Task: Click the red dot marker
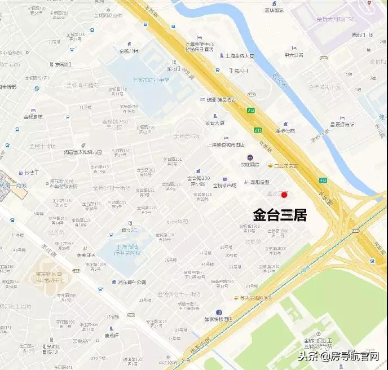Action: pos(284,195)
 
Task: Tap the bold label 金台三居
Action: pos(279,215)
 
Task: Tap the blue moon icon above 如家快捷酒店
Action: pos(218,312)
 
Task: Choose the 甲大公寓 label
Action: pos(294,55)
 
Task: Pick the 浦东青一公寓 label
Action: pos(132,282)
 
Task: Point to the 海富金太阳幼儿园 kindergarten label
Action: pos(83,152)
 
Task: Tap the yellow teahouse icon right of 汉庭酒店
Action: pos(270,166)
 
